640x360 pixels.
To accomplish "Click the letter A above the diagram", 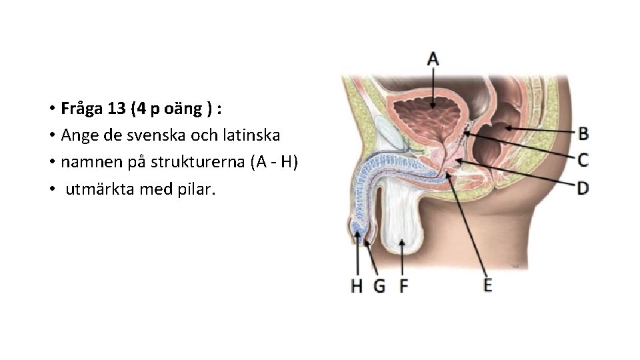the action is pyautogui.click(x=433, y=59).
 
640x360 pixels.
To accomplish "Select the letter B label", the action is pyautogui.click(x=583, y=133).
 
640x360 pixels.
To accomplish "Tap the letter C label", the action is pyautogui.click(x=583, y=160).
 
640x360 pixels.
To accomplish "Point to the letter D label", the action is pyautogui.click(x=583, y=188).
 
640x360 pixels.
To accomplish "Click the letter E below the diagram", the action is pyautogui.click(x=488, y=285).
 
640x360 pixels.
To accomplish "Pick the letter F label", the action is pyautogui.click(x=403, y=286).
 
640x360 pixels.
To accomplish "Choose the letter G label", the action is pyautogui.click(x=379, y=286).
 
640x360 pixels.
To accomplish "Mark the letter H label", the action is pyautogui.click(x=358, y=286).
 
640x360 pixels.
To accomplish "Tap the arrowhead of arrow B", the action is pyautogui.click(x=506, y=127).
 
